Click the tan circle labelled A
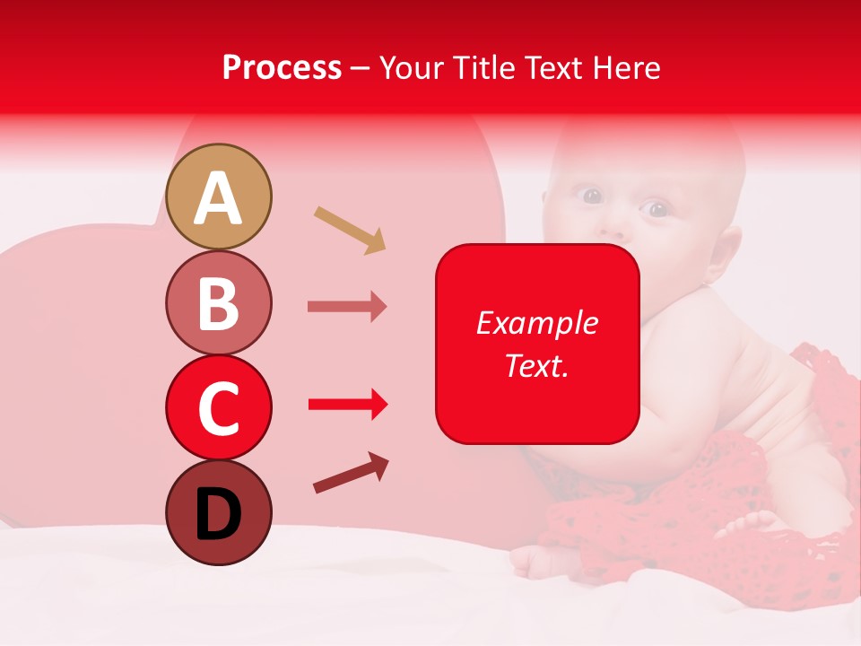point(219,197)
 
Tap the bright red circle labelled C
point(219,407)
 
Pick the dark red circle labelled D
point(219,512)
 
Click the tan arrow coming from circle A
point(350,230)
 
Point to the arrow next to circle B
point(347,306)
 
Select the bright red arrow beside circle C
point(347,405)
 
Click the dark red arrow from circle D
point(351,473)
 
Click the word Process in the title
point(282,68)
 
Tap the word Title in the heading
point(485,68)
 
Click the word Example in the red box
point(536,323)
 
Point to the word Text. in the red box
point(536,365)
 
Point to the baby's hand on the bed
point(547,562)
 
